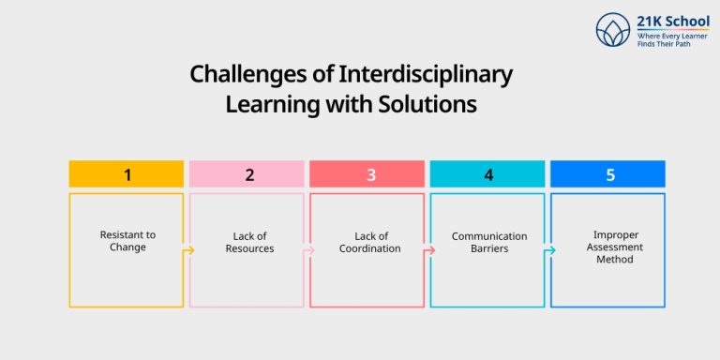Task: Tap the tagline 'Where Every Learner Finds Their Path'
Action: (x=667, y=39)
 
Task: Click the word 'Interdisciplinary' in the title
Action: (x=434, y=74)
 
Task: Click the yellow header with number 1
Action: (x=127, y=174)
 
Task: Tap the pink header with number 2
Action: (x=247, y=174)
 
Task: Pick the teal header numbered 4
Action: (x=487, y=174)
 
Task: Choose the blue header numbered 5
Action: (x=607, y=174)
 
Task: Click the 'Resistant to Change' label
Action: (x=127, y=242)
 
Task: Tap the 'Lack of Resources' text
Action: (x=247, y=242)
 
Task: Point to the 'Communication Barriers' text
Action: (x=487, y=242)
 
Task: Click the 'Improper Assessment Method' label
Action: (x=607, y=247)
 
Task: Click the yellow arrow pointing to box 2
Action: (x=188, y=250)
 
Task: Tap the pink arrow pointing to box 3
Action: (x=308, y=250)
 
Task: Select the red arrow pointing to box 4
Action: (x=428, y=250)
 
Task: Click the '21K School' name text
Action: (x=673, y=21)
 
